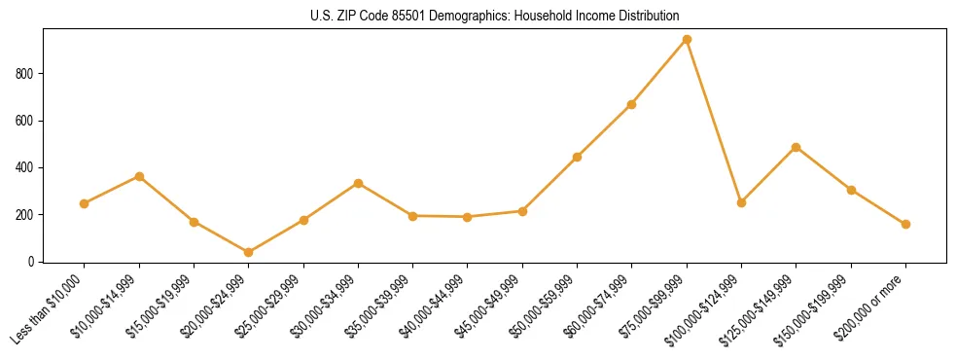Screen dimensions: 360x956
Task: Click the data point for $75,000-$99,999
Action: tap(687, 39)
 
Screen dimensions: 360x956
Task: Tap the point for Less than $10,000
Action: tap(85, 203)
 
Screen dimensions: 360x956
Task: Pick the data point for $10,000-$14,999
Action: tap(139, 176)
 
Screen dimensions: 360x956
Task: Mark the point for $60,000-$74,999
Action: tap(632, 104)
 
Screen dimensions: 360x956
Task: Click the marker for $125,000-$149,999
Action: tap(797, 147)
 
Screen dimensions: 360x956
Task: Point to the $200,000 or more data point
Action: tap(905, 224)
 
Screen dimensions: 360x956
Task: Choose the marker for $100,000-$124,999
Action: tap(741, 202)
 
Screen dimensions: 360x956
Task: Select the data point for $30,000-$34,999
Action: tap(358, 183)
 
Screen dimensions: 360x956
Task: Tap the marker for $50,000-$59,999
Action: tap(578, 157)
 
